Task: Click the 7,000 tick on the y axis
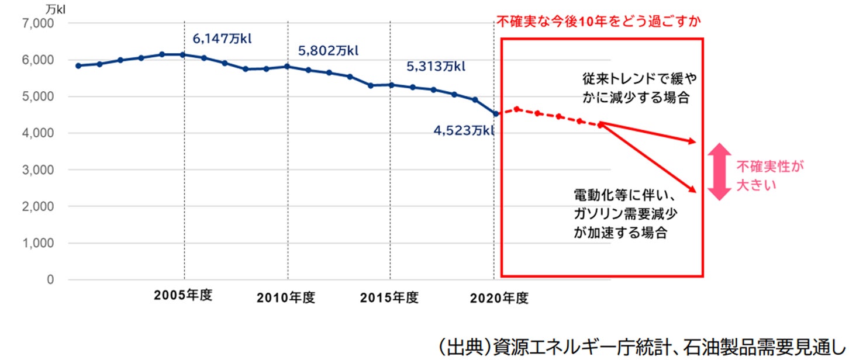pyautogui.click(x=39, y=23)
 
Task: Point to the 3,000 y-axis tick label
pyautogui.click(x=39, y=170)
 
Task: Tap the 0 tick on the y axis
pyautogui.click(x=50, y=280)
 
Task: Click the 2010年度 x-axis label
pyautogui.click(x=286, y=298)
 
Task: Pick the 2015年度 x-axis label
pyautogui.click(x=389, y=298)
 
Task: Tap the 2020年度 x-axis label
pyautogui.click(x=499, y=298)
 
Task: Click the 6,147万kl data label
pyautogui.click(x=226, y=39)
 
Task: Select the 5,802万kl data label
pyautogui.click(x=328, y=51)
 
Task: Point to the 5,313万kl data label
pyautogui.click(x=436, y=66)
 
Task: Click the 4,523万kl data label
pyautogui.click(x=464, y=130)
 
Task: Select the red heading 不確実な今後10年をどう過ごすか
pyautogui.click(x=598, y=22)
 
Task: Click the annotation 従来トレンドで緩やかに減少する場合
pyautogui.click(x=634, y=88)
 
